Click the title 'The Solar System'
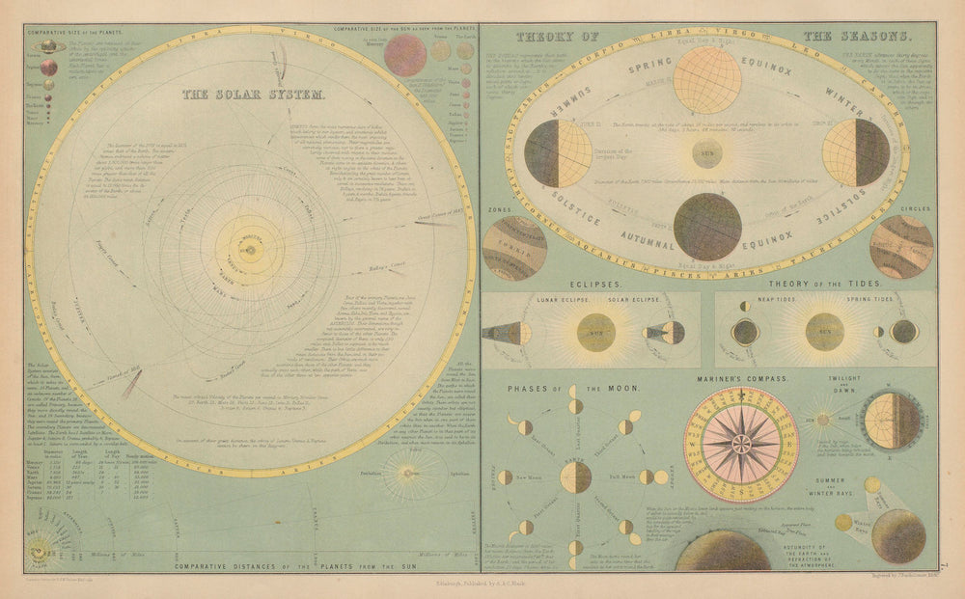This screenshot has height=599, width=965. pos(254,96)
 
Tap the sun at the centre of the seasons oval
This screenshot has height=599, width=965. pos(708,151)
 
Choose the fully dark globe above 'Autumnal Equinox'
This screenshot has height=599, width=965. pos(707,226)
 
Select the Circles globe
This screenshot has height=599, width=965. pos(900,246)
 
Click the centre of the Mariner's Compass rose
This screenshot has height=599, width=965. pos(741,443)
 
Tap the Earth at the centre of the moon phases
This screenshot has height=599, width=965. pos(576,476)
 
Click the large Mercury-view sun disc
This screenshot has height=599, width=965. pos(405,55)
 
